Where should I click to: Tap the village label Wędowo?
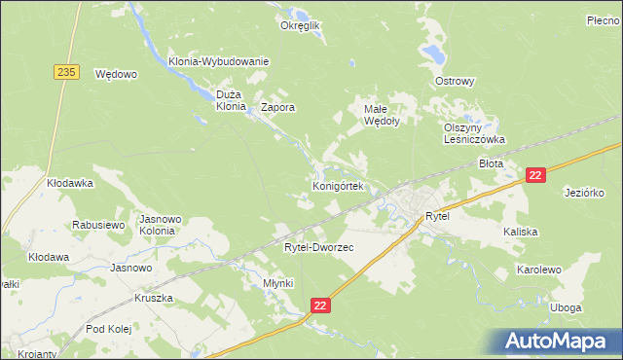(116, 73)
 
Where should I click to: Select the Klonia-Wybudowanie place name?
(218, 61)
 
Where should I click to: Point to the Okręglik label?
(300, 26)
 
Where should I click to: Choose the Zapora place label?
(277, 108)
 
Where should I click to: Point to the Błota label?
(492, 163)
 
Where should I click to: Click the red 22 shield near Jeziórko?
(534, 174)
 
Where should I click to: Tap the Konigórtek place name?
(338, 185)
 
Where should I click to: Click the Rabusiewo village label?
(99, 225)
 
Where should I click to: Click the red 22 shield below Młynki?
(322, 306)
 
